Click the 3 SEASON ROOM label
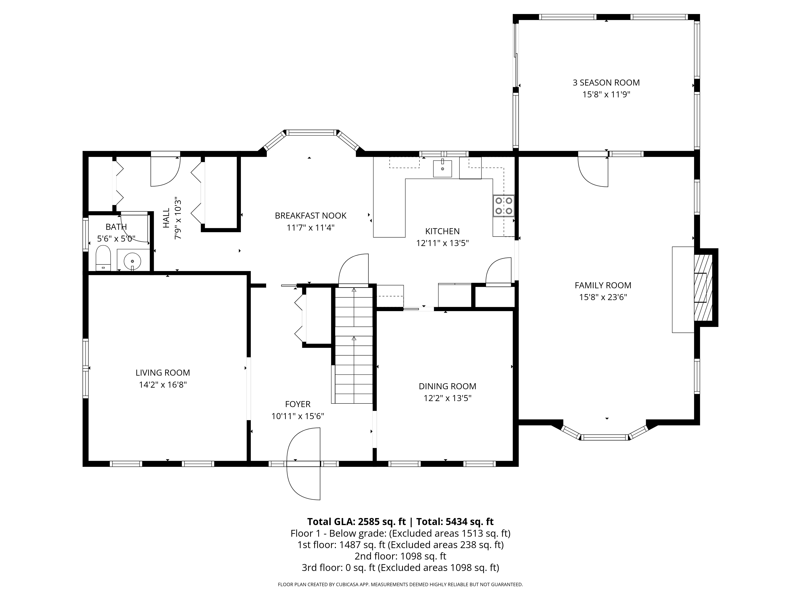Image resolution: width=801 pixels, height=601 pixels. tap(606, 83)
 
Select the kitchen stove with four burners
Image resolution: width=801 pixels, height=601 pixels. tap(504, 206)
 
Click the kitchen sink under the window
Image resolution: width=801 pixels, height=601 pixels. tap(443, 168)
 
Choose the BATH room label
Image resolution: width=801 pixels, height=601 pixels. tap(116, 227)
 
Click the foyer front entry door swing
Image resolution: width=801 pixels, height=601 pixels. tap(303, 464)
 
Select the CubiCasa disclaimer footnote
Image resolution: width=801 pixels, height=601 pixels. tap(400, 584)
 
